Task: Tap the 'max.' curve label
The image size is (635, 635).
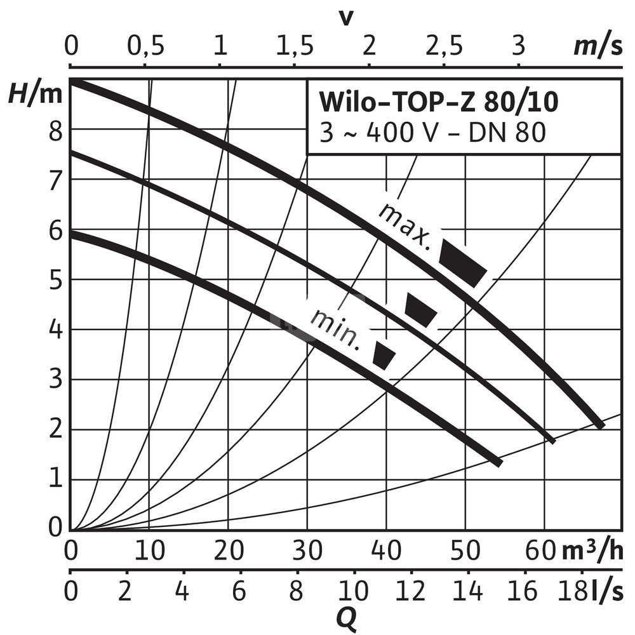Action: click(x=404, y=224)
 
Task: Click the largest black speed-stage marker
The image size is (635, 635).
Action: click(x=463, y=262)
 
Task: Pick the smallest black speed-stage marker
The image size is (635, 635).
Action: click(x=384, y=355)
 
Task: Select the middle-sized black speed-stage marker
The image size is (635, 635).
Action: click(x=420, y=310)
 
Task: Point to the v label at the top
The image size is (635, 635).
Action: click(x=345, y=17)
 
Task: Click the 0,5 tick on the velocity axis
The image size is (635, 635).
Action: click(x=145, y=46)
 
